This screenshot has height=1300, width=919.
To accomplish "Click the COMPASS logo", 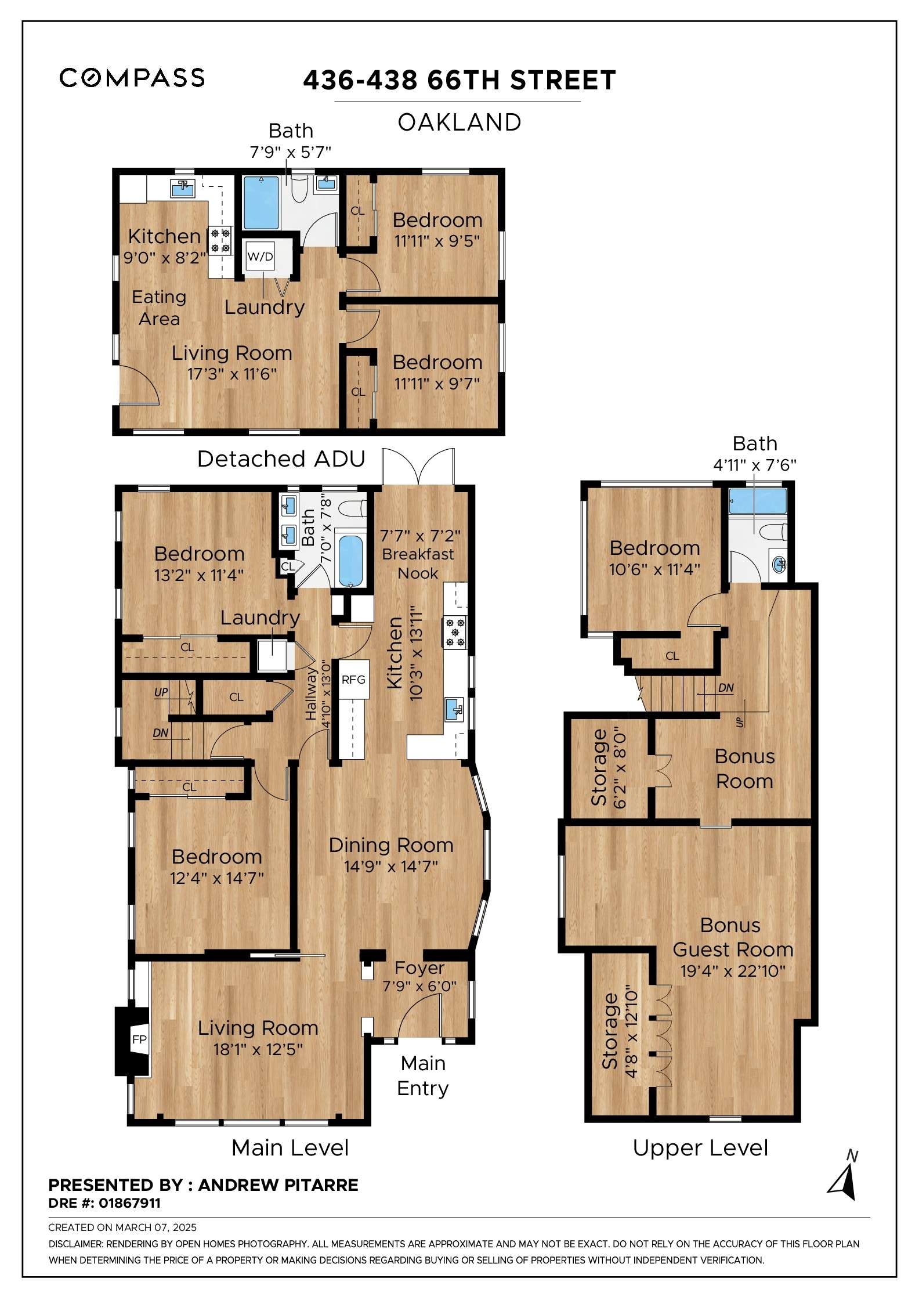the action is click(132, 78).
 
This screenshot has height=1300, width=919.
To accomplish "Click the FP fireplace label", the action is click(139, 1039).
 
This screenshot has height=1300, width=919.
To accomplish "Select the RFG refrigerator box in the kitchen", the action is click(353, 679).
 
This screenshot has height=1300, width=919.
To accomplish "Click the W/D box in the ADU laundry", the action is click(260, 256).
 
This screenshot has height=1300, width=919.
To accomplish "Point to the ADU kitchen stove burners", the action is click(220, 241).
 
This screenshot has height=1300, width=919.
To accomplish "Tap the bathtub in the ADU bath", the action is click(261, 203).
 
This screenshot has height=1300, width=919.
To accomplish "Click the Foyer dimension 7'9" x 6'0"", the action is click(419, 986).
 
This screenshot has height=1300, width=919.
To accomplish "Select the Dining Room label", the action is click(391, 845).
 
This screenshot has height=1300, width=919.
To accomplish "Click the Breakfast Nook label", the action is click(418, 563).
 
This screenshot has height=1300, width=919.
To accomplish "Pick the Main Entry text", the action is click(423, 1075).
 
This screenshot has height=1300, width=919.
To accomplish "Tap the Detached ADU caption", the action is click(281, 458).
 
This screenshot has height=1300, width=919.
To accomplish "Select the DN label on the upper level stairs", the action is click(726, 688).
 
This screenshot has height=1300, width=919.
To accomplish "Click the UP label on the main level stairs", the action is click(161, 692).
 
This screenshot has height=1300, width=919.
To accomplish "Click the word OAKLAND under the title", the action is click(459, 122).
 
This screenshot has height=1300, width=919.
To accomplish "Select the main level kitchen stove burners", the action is click(455, 632).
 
